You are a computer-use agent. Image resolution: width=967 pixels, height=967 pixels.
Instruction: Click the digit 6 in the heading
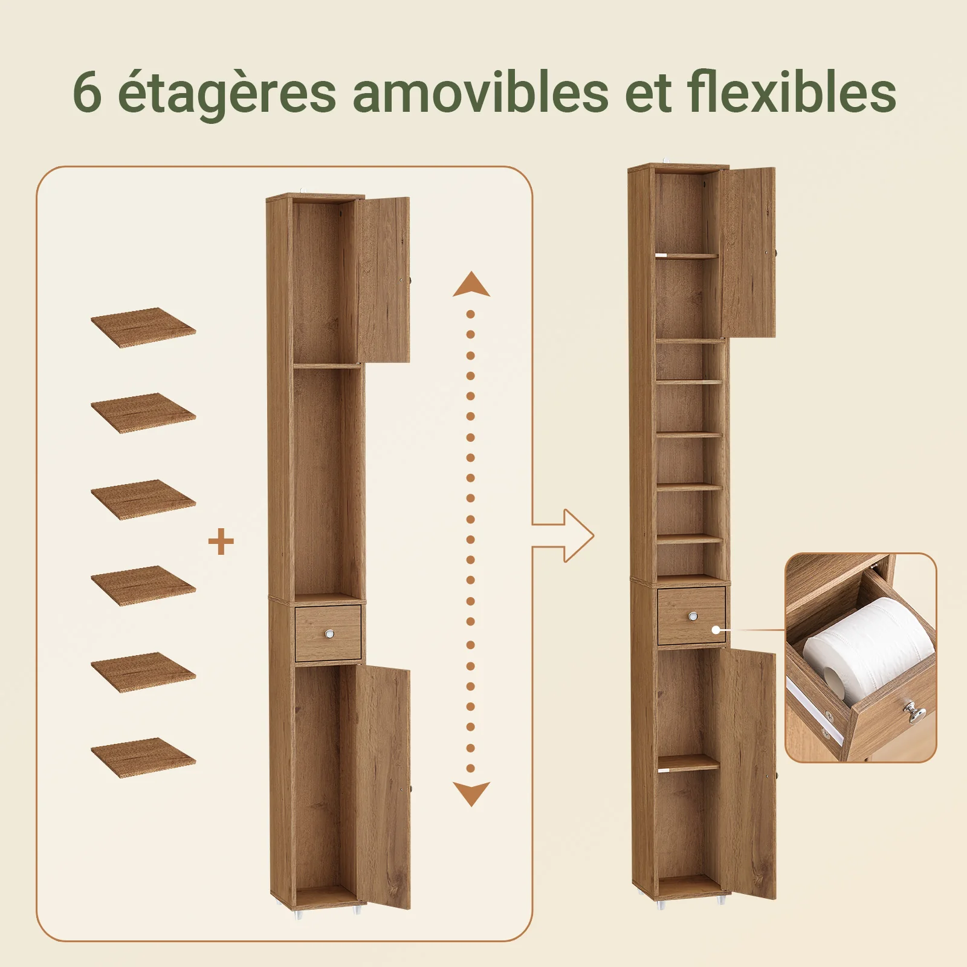[87, 92]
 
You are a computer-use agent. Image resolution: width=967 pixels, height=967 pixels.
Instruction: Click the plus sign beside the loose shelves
[221, 542]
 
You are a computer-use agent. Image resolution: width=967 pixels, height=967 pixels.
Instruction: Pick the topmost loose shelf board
[143, 328]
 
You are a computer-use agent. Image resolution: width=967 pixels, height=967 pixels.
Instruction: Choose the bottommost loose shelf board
[143, 757]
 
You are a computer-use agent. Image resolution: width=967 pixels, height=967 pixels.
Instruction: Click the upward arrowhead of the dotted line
[471, 284]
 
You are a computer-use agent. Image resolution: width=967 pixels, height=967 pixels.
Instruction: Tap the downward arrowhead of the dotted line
[471, 794]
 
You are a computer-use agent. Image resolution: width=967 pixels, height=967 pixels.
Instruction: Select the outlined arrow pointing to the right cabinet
[563, 535]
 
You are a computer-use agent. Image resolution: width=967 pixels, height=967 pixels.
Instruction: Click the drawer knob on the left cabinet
[329, 634]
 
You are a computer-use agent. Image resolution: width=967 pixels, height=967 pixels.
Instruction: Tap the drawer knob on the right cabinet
[693, 616]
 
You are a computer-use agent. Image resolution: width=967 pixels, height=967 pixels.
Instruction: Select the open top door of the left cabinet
[383, 280]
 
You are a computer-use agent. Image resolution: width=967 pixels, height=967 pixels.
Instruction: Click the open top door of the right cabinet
[748, 253]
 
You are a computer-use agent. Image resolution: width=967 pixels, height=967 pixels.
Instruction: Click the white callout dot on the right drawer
[716, 630]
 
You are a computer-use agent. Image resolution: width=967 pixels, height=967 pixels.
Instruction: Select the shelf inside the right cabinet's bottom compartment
[689, 763]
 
